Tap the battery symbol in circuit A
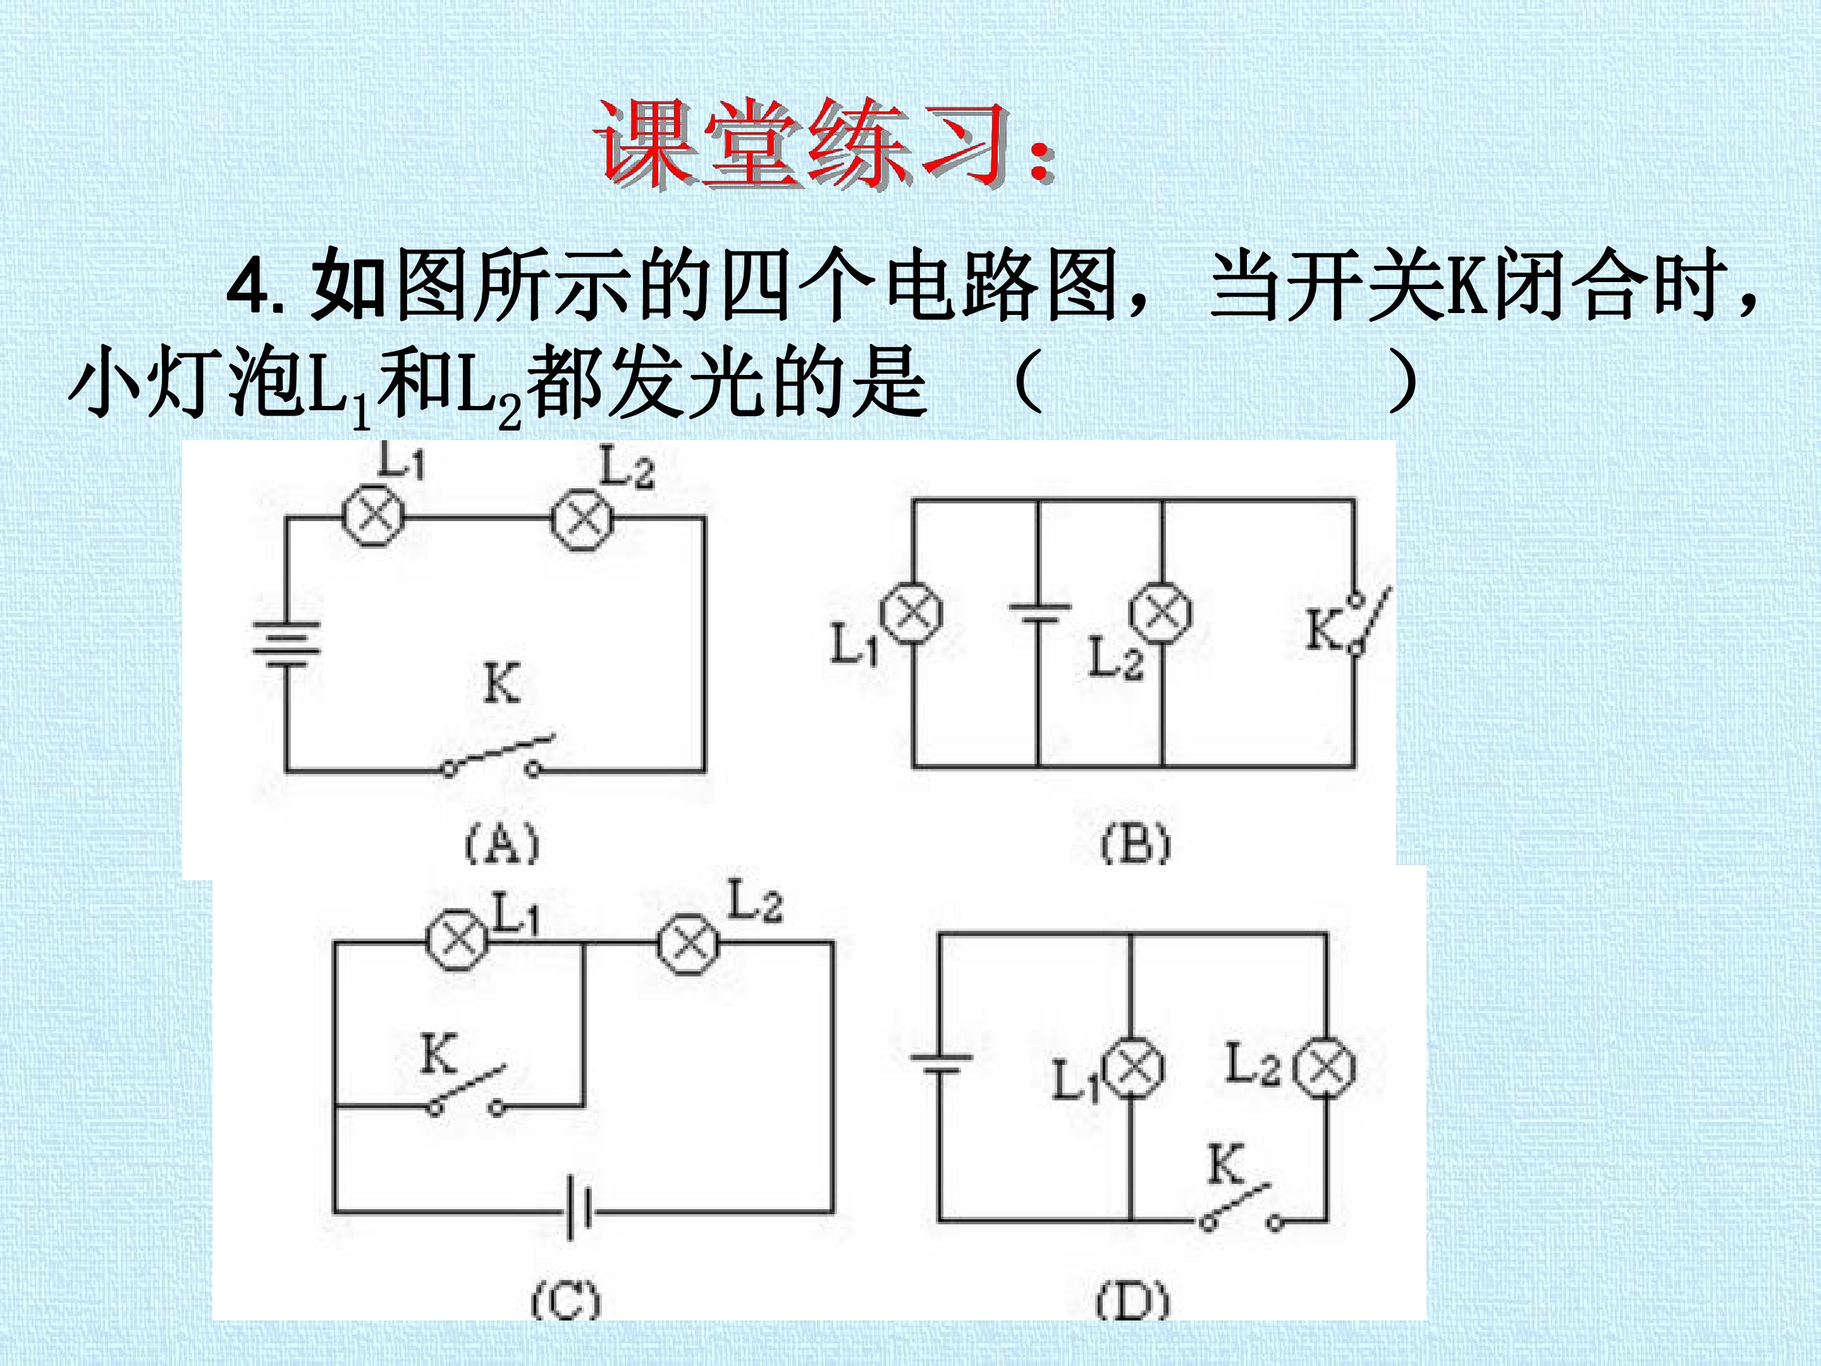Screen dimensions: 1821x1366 (286, 644)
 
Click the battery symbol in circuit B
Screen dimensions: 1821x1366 (1039, 616)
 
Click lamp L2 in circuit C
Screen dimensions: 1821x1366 (687, 944)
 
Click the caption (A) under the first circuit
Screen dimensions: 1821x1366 (501, 844)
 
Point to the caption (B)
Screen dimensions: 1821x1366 (1135, 844)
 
